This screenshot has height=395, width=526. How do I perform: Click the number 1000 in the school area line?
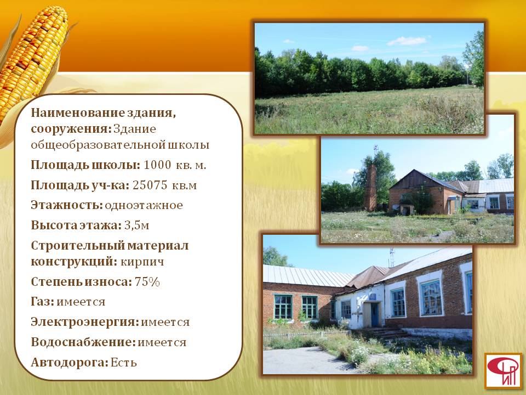click(158, 165)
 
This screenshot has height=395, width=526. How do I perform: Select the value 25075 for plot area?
click(150, 185)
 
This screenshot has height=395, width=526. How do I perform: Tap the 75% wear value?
click(147, 281)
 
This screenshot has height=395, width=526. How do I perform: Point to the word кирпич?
click(142, 262)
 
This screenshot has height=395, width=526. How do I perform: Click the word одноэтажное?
click(144, 205)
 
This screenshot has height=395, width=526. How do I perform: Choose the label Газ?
click(42, 302)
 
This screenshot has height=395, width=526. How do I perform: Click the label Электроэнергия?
click(85, 322)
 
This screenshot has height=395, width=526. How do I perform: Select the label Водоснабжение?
click(83, 342)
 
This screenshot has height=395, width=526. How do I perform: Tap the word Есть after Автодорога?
click(124, 363)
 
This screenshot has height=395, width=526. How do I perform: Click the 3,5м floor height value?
click(136, 225)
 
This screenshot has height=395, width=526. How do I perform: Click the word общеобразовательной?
click(98, 145)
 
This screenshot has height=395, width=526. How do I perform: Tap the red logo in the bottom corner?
click(503, 370)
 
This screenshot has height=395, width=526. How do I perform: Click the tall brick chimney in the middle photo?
click(371, 188)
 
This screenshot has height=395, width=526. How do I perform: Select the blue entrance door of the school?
click(374, 314)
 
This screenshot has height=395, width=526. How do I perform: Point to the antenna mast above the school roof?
click(391, 258)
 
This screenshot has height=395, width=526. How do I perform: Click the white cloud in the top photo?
click(407, 41)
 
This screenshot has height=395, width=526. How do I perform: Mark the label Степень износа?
click(82, 281)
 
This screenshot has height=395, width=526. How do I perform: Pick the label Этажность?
click(67, 205)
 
